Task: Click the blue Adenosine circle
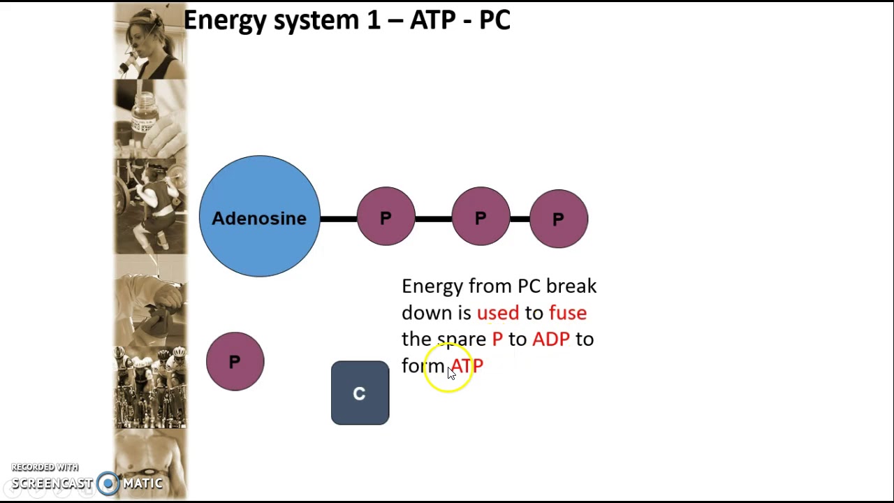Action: (259, 217)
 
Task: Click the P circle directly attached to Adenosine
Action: (386, 217)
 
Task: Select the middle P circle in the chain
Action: (481, 217)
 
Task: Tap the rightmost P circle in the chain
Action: (558, 219)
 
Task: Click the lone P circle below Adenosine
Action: (235, 361)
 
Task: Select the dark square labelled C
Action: (360, 393)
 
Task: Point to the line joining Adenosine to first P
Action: (338, 219)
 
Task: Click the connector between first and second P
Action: (433, 219)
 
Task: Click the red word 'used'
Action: (497, 313)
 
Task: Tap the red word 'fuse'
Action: (567, 313)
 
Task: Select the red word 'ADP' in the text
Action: (550, 340)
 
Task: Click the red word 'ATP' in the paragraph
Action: (467, 366)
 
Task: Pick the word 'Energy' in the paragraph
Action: (432, 286)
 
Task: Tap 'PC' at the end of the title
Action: (494, 20)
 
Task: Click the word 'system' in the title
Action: (316, 21)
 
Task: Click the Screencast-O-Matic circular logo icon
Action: (108, 483)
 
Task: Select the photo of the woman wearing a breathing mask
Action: (150, 41)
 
